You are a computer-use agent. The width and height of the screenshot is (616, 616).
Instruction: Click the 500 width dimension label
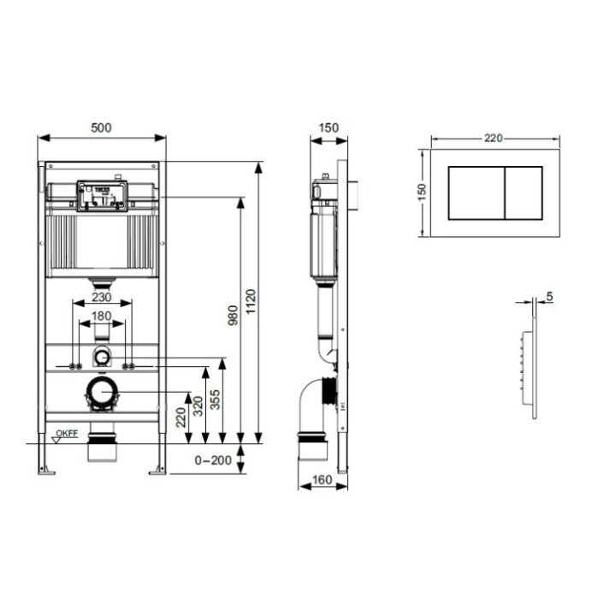102,127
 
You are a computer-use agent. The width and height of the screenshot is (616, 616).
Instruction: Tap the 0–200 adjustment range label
213,460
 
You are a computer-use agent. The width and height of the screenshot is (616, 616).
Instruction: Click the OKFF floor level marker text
68,433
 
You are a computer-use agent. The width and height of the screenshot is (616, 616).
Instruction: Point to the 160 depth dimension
323,480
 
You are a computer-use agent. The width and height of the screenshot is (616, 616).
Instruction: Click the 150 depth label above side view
329,128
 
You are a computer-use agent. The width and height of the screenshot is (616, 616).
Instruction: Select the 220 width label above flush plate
495,138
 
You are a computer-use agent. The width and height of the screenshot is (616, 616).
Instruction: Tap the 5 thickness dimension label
548,297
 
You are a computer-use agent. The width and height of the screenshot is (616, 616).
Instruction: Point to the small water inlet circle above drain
102,357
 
